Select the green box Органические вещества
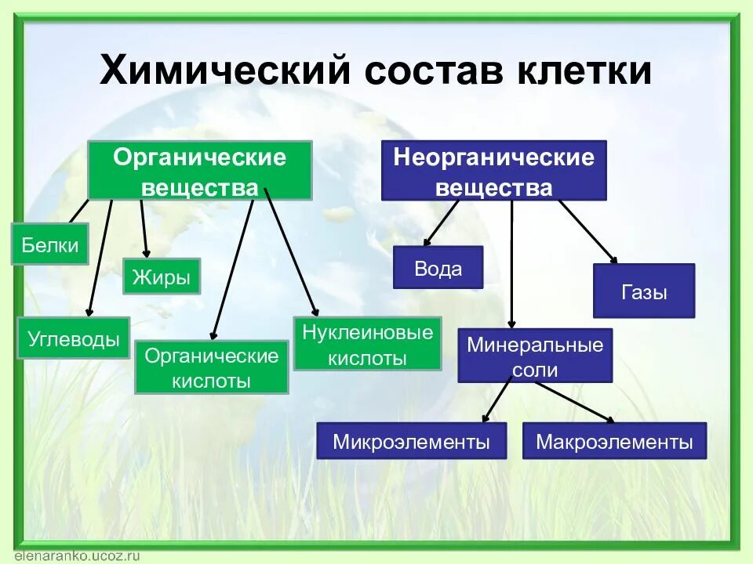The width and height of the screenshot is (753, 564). [200, 171]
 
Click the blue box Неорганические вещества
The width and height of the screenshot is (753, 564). [493, 171]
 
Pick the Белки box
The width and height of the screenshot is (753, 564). [49, 244]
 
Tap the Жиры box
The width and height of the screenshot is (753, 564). [162, 277]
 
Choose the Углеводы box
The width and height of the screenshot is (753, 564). [74, 338]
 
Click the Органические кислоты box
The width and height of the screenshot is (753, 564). [212, 367]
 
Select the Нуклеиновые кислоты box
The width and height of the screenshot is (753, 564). [367, 344]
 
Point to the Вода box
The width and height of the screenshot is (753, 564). [438, 269]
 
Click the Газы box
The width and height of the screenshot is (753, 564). [644, 291]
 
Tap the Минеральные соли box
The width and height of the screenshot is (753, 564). [535, 356]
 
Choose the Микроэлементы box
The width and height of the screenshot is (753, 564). [411, 441]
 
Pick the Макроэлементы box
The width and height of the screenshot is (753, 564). [614, 441]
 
